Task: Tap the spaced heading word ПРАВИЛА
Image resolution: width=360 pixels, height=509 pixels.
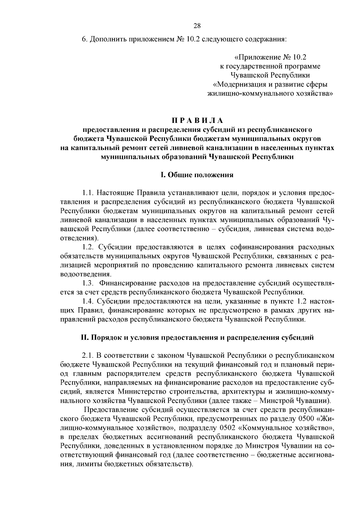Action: coord(197,121)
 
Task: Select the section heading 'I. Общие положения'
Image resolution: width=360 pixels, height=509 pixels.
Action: coord(197,175)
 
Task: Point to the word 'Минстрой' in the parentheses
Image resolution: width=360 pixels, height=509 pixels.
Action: coord(277,400)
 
